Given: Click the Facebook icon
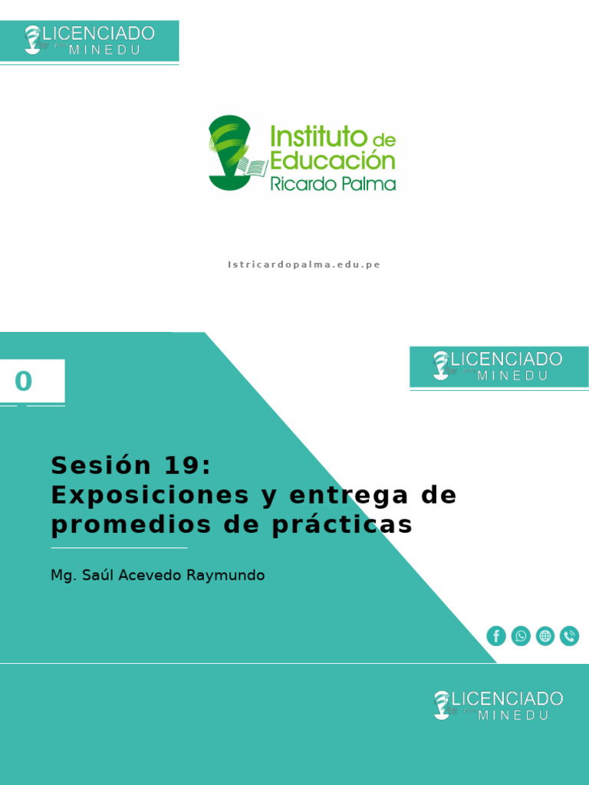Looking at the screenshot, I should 496,636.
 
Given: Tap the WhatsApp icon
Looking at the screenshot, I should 521,636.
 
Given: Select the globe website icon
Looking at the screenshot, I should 545,636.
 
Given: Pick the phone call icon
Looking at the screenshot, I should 569,636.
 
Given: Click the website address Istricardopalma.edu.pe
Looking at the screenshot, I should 304,264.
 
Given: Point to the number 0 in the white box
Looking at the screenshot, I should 24,381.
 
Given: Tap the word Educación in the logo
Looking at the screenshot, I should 332,160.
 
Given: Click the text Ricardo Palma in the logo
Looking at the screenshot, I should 333,184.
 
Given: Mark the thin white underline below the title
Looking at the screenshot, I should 119,548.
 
